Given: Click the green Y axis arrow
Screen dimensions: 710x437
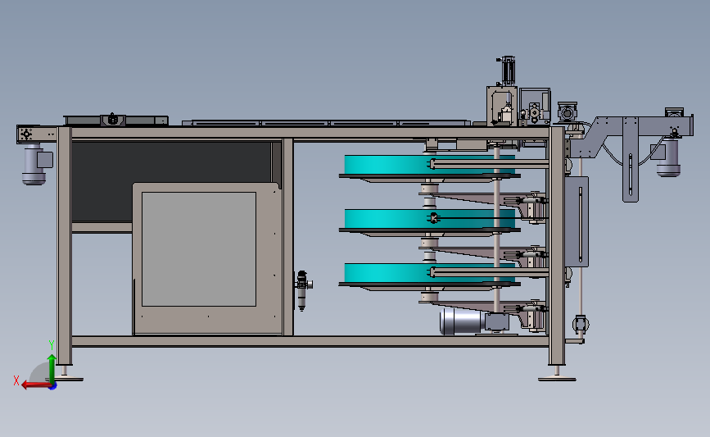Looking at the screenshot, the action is click(52, 370).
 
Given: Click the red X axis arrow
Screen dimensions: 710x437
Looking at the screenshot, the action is click(36, 385).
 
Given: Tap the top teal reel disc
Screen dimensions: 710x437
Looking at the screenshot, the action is click(429, 165).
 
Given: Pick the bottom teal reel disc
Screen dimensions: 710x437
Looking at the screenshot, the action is click(429, 273).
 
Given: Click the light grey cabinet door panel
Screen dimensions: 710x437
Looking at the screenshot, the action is click(199, 249).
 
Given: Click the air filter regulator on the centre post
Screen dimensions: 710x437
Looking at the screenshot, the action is click(301, 290).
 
